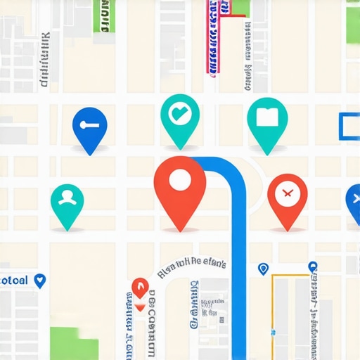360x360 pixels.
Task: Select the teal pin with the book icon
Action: [267, 120]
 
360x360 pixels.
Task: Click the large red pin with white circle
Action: [180, 186]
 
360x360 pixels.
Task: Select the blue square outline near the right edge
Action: [349, 126]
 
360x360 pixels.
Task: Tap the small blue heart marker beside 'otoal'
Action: [39, 281]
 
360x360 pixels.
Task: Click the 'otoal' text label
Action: [14, 281]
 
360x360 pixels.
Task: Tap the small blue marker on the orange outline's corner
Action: [312, 267]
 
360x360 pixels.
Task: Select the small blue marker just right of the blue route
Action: [263, 269]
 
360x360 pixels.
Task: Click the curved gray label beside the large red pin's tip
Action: [191, 265]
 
